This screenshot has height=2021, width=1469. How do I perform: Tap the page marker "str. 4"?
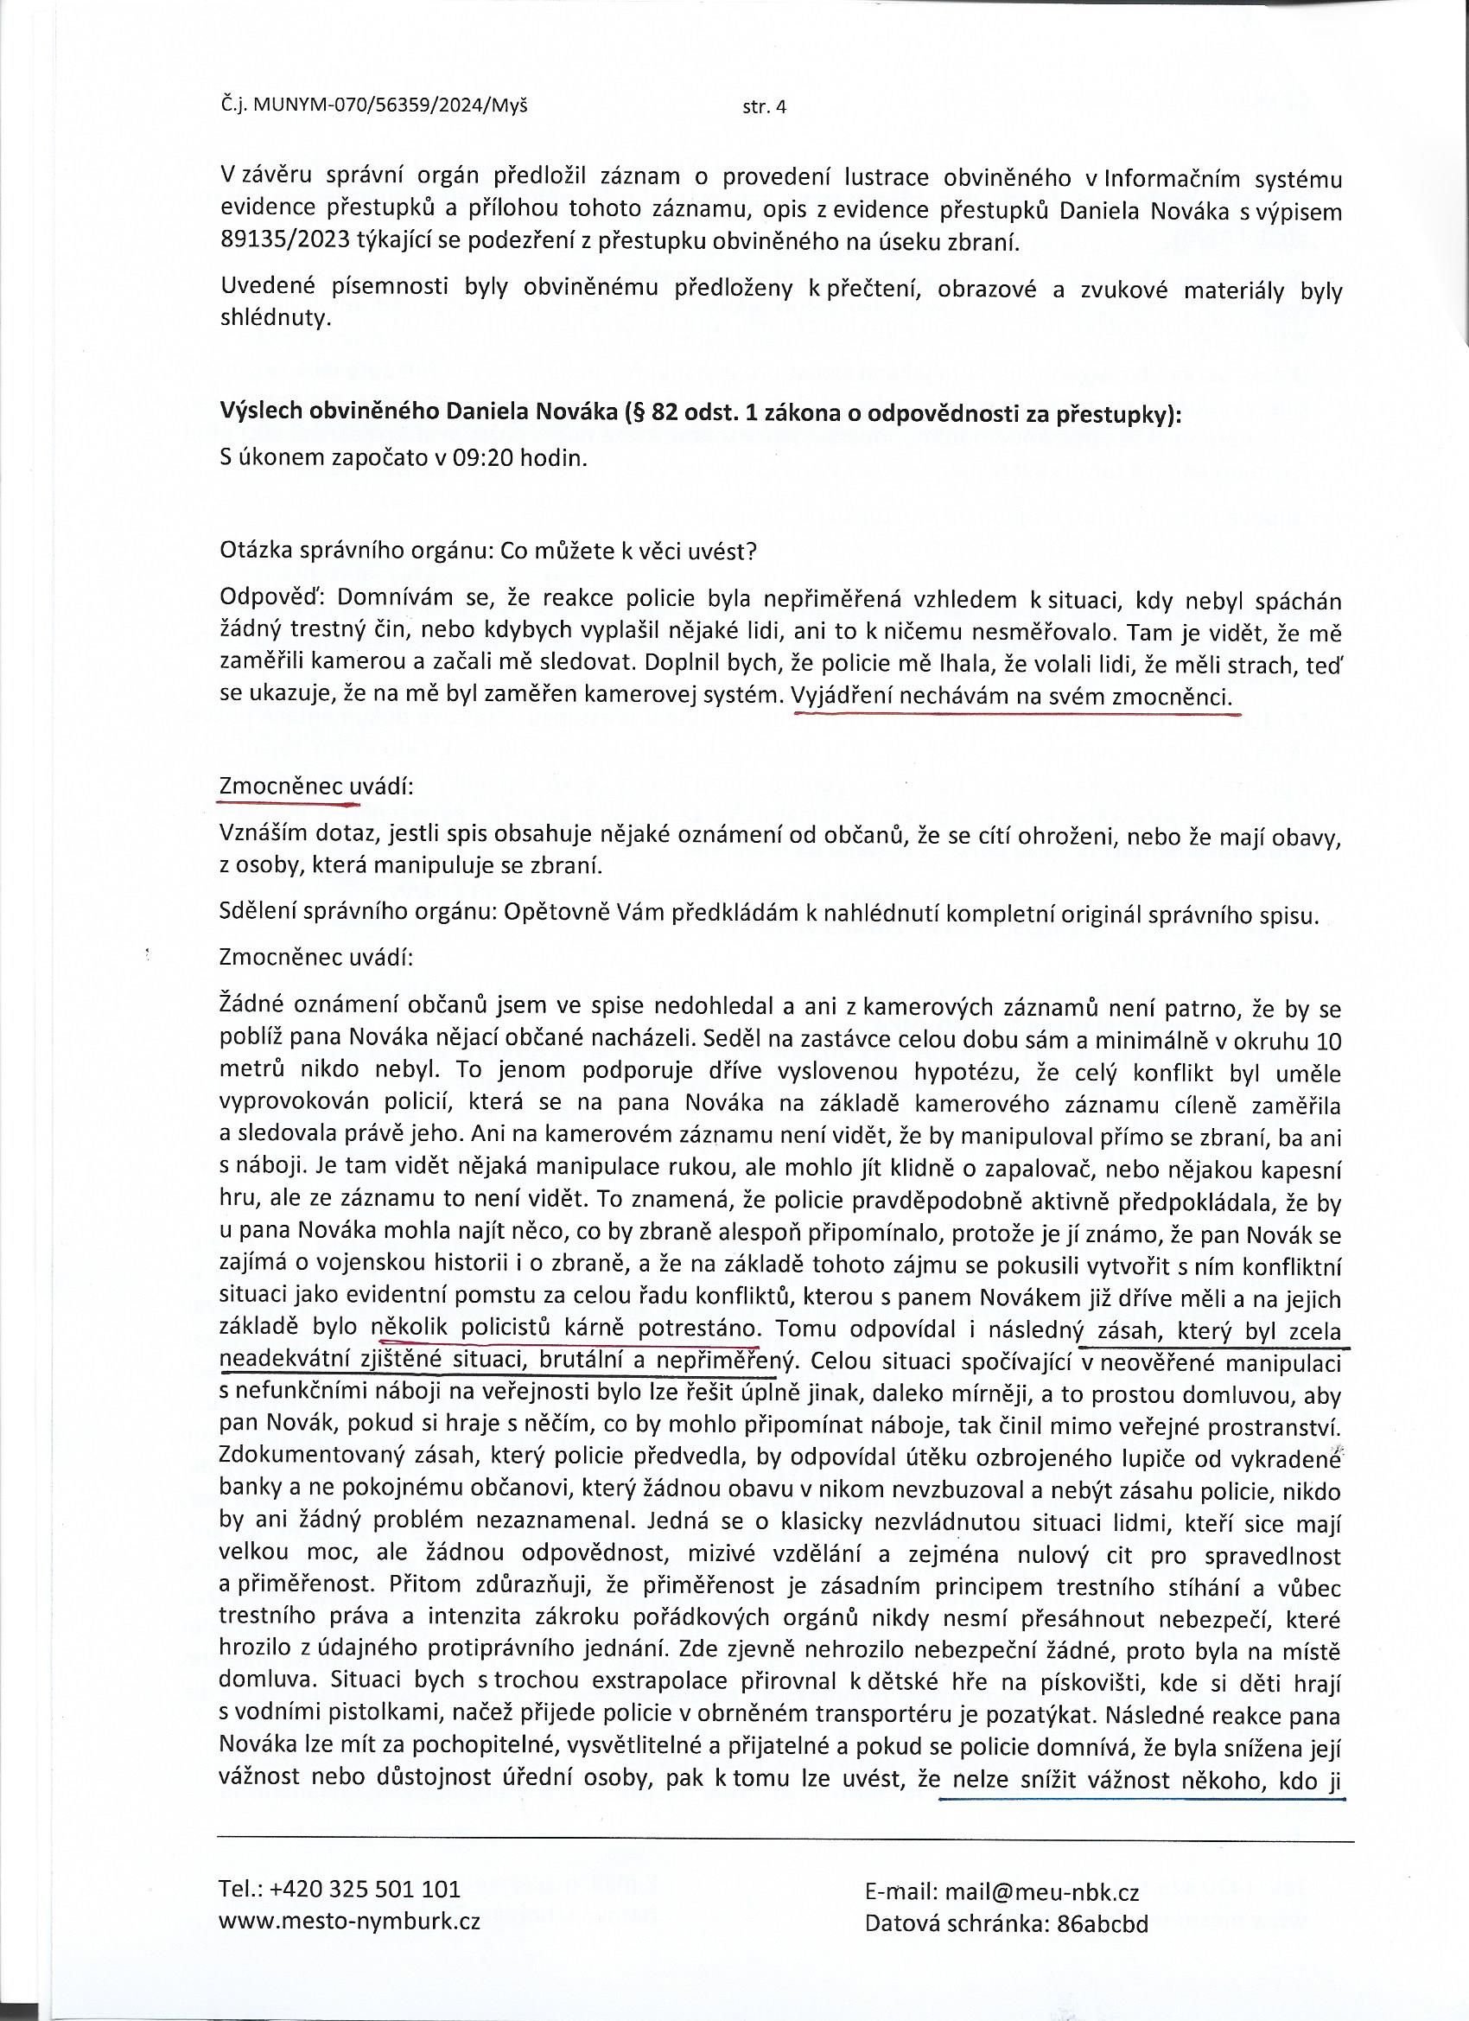pyautogui.click(x=765, y=108)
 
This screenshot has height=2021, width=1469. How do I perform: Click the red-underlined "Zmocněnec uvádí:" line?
pyautogui.click(x=315, y=787)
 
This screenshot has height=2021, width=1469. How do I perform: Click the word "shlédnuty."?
pyautogui.click(x=275, y=318)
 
